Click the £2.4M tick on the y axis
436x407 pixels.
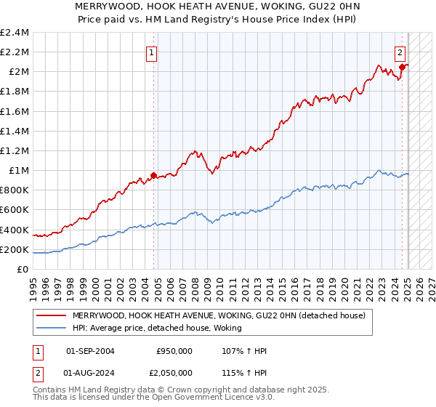[15, 33]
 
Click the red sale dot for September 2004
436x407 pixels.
[153, 175]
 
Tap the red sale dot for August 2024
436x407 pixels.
[402, 66]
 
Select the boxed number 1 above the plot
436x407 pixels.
[152, 52]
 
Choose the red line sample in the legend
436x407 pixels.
[52, 315]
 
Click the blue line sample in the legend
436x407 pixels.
[52, 328]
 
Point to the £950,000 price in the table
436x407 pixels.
[174, 351]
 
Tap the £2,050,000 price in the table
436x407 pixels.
[170, 373]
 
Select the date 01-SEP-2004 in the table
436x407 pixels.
[90, 351]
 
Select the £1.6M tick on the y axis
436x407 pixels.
[15, 112]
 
